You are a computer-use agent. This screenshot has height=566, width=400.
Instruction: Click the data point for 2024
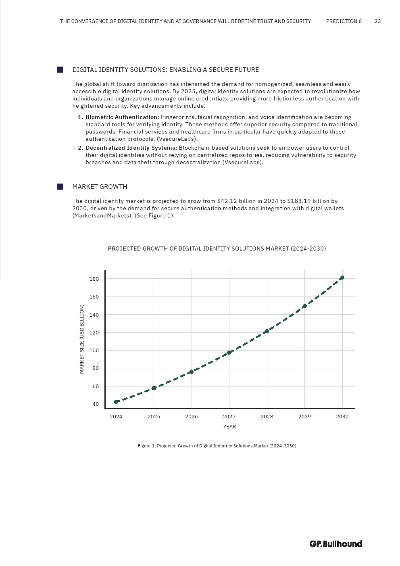pos(116,402)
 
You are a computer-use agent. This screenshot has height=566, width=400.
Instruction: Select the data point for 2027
pos(229,353)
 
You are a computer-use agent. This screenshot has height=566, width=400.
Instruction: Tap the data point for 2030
pos(342,278)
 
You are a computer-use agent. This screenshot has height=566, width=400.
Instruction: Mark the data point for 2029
pos(304,306)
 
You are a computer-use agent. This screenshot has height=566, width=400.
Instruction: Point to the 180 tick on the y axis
pos(94,279)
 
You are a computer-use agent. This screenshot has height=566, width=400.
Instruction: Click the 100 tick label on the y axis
pos(94,351)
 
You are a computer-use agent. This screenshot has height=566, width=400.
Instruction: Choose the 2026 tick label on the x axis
pos(192,417)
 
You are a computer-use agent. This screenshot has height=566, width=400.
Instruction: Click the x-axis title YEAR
pos(229,427)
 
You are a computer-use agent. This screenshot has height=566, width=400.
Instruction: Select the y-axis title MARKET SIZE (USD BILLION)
pos(82,339)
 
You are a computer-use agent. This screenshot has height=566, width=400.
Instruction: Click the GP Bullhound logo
pos(336,544)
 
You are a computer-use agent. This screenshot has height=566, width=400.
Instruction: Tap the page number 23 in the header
pos(377,21)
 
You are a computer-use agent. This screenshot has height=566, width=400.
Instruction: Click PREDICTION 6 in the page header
pos(344,21)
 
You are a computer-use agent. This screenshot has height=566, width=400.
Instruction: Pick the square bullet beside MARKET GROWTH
pos(60,186)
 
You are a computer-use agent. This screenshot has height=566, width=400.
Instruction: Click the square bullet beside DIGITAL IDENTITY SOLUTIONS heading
pos(60,70)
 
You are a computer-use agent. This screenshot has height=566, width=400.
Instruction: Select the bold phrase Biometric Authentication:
pos(122,117)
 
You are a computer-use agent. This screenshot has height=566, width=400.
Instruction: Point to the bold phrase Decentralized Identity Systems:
pos(131,148)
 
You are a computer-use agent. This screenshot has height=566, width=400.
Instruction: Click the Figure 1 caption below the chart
pos(217,446)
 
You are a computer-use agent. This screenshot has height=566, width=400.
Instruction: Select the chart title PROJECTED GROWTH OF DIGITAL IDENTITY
pos(217,249)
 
